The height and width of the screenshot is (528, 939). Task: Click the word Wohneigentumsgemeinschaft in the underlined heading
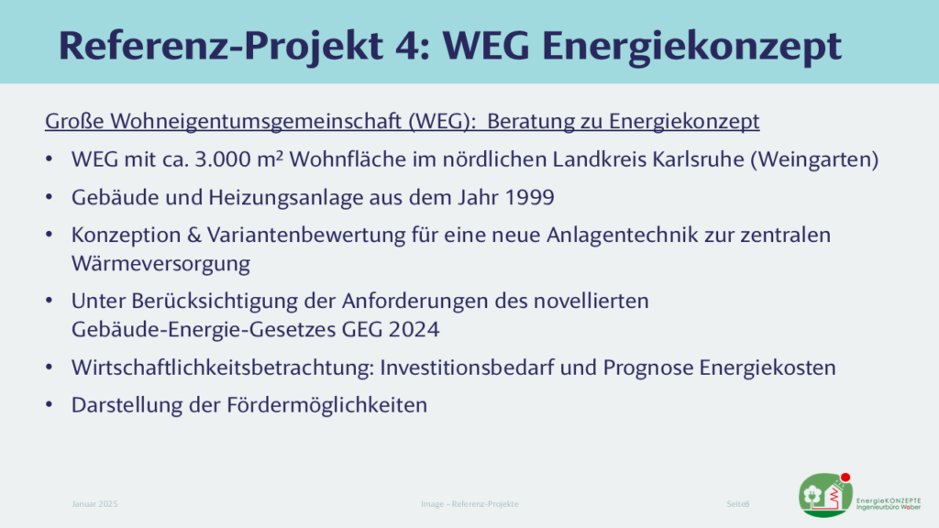pos(257,122)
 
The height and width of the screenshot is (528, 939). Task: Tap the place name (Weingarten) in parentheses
pos(814,159)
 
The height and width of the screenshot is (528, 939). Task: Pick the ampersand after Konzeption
pos(194,236)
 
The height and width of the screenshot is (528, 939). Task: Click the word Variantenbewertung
pos(306,236)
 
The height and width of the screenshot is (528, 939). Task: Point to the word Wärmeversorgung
pos(160,264)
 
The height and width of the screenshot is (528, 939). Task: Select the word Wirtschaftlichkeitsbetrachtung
pos(223,368)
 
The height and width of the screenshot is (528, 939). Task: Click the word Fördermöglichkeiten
pos(326,405)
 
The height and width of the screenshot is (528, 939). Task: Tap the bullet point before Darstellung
pos(50,404)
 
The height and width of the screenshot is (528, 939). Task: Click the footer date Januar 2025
pos(94,504)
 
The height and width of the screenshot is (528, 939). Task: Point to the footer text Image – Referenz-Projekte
pos(469,504)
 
